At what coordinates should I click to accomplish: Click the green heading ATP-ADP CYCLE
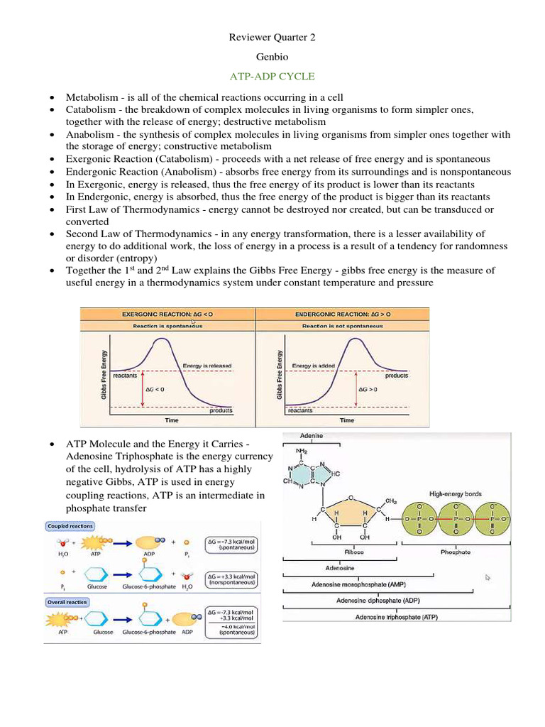[272, 75]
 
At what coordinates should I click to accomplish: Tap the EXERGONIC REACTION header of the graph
[167, 314]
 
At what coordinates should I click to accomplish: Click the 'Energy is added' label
[316, 366]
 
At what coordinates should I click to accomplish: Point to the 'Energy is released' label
[207, 366]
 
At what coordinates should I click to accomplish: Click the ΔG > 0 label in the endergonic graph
[368, 390]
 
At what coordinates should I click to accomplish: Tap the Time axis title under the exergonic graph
[172, 420]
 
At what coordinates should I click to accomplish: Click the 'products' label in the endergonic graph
[397, 376]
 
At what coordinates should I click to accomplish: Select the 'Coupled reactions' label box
[70, 526]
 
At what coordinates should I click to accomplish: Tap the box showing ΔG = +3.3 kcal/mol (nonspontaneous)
[232, 581]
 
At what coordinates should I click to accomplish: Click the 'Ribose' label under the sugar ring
[353, 552]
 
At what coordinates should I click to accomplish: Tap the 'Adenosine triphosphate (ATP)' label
[397, 617]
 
